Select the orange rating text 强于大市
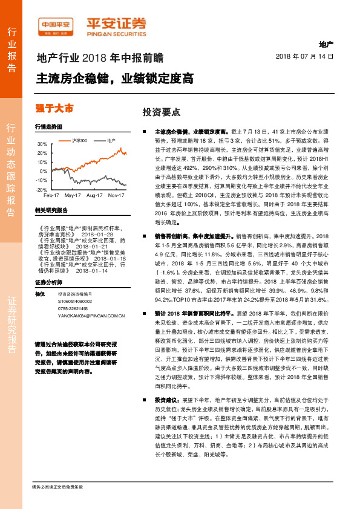(55, 108)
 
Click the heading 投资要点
(161, 112)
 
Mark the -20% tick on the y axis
(41, 190)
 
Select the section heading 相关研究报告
(51, 210)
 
